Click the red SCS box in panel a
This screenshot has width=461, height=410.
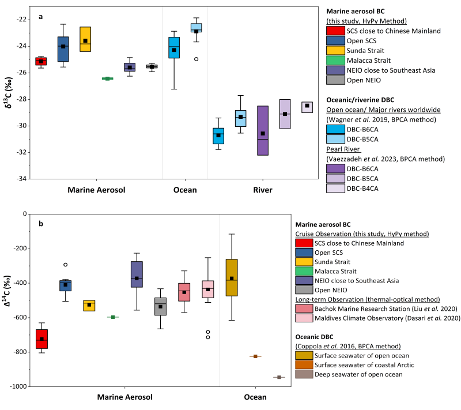[41, 61]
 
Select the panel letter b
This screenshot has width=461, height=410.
[41, 223]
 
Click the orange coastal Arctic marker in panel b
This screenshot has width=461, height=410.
[255, 356]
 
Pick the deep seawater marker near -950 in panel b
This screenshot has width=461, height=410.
[279, 377]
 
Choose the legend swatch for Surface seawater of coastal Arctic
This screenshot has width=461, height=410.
[304, 364]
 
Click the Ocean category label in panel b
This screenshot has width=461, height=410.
[255, 397]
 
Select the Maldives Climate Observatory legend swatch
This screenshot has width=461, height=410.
[304, 318]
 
